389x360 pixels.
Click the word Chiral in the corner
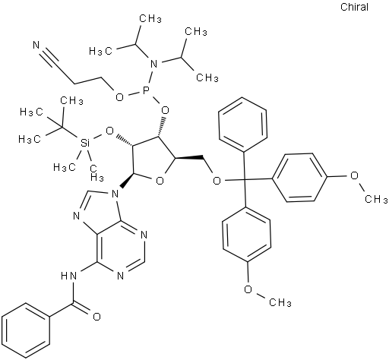(354, 7)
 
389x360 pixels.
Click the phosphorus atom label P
(146, 92)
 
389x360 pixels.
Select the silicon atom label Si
(85, 144)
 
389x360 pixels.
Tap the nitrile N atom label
(36, 46)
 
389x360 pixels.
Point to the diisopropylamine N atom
(153, 64)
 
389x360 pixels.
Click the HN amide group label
(69, 276)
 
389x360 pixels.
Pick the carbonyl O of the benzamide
(96, 317)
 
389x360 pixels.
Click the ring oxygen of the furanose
(160, 181)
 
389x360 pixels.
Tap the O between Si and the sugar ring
(109, 131)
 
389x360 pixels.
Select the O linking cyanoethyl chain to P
(119, 97)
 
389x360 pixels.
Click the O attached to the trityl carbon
(217, 181)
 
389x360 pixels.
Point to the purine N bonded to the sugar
(115, 194)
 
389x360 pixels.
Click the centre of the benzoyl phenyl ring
(25, 330)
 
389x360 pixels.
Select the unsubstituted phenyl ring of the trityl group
(243, 125)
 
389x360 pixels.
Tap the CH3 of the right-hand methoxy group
(376, 199)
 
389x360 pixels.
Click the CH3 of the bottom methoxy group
(280, 302)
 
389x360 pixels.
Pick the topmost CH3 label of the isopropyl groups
(150, 18)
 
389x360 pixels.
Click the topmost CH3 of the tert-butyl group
(71, 100)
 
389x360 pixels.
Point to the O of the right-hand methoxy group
(355, 175)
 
